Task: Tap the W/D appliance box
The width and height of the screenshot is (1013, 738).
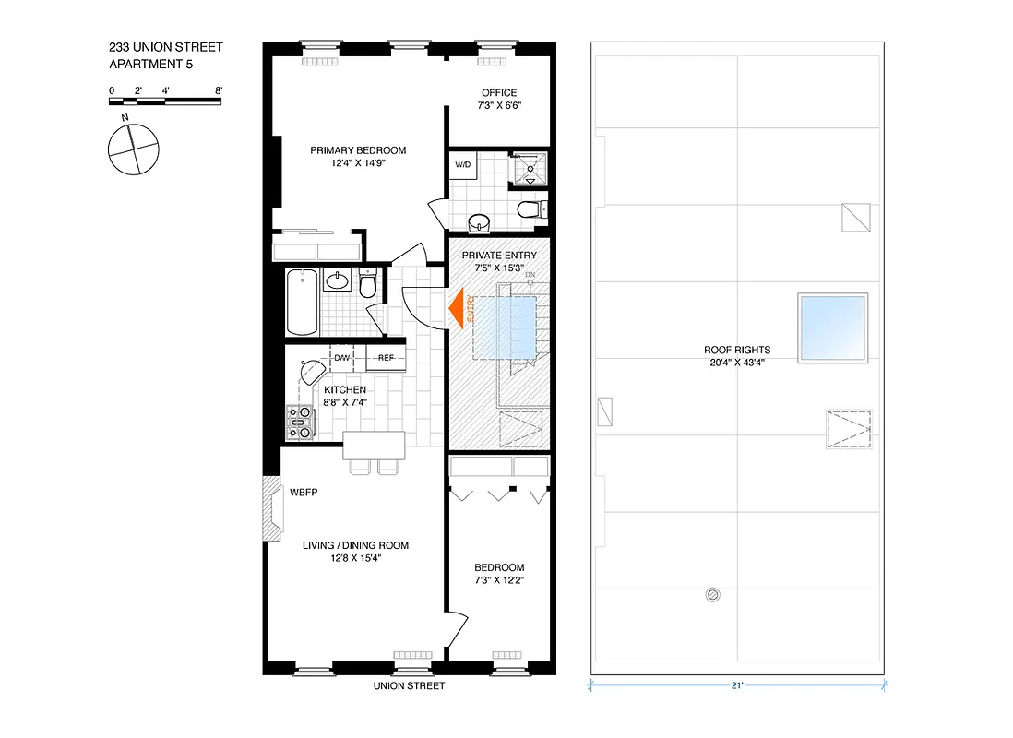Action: coord(461,165)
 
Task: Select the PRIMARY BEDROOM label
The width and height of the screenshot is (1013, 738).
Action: coord(357,150)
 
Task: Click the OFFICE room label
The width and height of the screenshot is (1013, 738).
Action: coord(498,92)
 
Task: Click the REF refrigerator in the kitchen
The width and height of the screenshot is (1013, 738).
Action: coord(386,358)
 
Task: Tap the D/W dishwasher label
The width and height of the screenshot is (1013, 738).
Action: coord(341,358)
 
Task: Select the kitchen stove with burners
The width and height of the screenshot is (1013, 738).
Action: coord(300,424)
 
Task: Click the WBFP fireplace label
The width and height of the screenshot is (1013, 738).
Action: coord(303,492)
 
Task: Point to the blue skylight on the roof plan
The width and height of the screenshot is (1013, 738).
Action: coord(833,329)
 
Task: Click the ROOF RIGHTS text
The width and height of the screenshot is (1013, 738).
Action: coord(736,351)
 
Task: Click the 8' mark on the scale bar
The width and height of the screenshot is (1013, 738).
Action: coord(219,90)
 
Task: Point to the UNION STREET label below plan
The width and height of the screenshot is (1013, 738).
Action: coord(409,685)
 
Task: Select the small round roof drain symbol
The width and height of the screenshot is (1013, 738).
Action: coord(712,595)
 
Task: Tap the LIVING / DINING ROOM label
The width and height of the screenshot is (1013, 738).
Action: coord(355,545)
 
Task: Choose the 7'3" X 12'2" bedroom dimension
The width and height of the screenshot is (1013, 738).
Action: coord(499,580)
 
